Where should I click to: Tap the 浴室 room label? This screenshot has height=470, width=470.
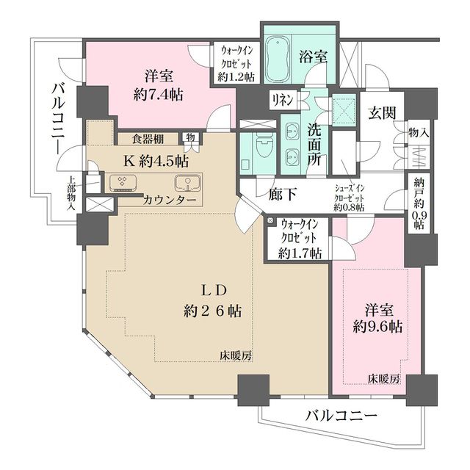click(x=314, y=57)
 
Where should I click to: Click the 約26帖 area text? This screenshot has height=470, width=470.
click(x=213, y=311)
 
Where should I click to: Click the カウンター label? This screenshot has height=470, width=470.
click(x=170, y=200)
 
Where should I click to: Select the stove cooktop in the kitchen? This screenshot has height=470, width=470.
click(x=121, y=183)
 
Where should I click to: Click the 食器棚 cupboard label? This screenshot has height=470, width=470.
click(x=148, y=138)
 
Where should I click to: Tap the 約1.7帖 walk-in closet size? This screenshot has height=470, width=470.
click(x=299, y=254)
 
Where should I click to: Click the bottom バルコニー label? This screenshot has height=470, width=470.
click(x=341, y=416)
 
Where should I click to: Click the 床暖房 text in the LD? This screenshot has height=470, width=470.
click(x=235, y=355)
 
